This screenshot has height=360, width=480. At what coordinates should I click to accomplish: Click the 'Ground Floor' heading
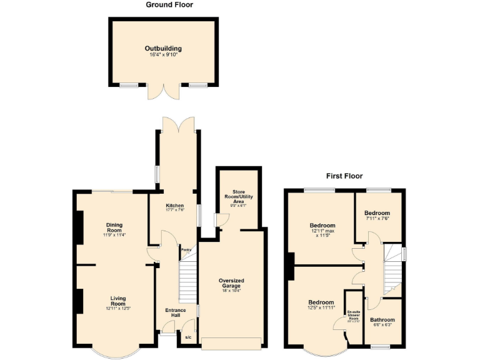point(169,5)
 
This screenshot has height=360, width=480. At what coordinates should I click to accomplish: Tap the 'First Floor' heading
point(344,176)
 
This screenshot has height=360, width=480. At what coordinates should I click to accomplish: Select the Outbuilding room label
point(163,48)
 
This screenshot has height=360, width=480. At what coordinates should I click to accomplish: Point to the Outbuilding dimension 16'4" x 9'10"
point(163,55)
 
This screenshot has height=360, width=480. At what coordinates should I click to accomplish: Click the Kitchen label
point(174,206)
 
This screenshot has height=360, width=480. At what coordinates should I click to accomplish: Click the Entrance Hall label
point(175,312)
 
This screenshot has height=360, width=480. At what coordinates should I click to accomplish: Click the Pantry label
point(186,250)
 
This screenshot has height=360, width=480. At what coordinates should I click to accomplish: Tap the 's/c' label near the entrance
point(188,338)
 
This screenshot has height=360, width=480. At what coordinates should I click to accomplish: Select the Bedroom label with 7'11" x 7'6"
point(377,213)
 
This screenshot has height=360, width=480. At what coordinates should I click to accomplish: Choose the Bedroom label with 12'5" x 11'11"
point(321,302)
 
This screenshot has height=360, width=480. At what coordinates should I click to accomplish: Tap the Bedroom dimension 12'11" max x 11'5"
point(322,234)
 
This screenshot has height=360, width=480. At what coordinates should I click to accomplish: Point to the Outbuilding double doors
point(163,91)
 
